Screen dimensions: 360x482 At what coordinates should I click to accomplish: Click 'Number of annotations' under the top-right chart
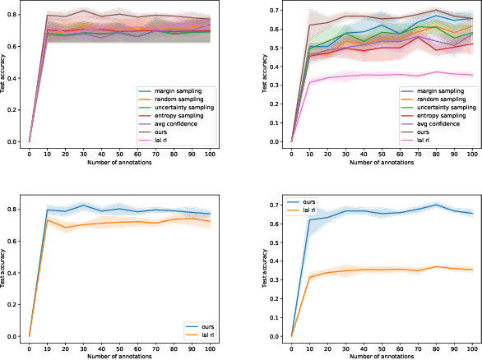(382, 164)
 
